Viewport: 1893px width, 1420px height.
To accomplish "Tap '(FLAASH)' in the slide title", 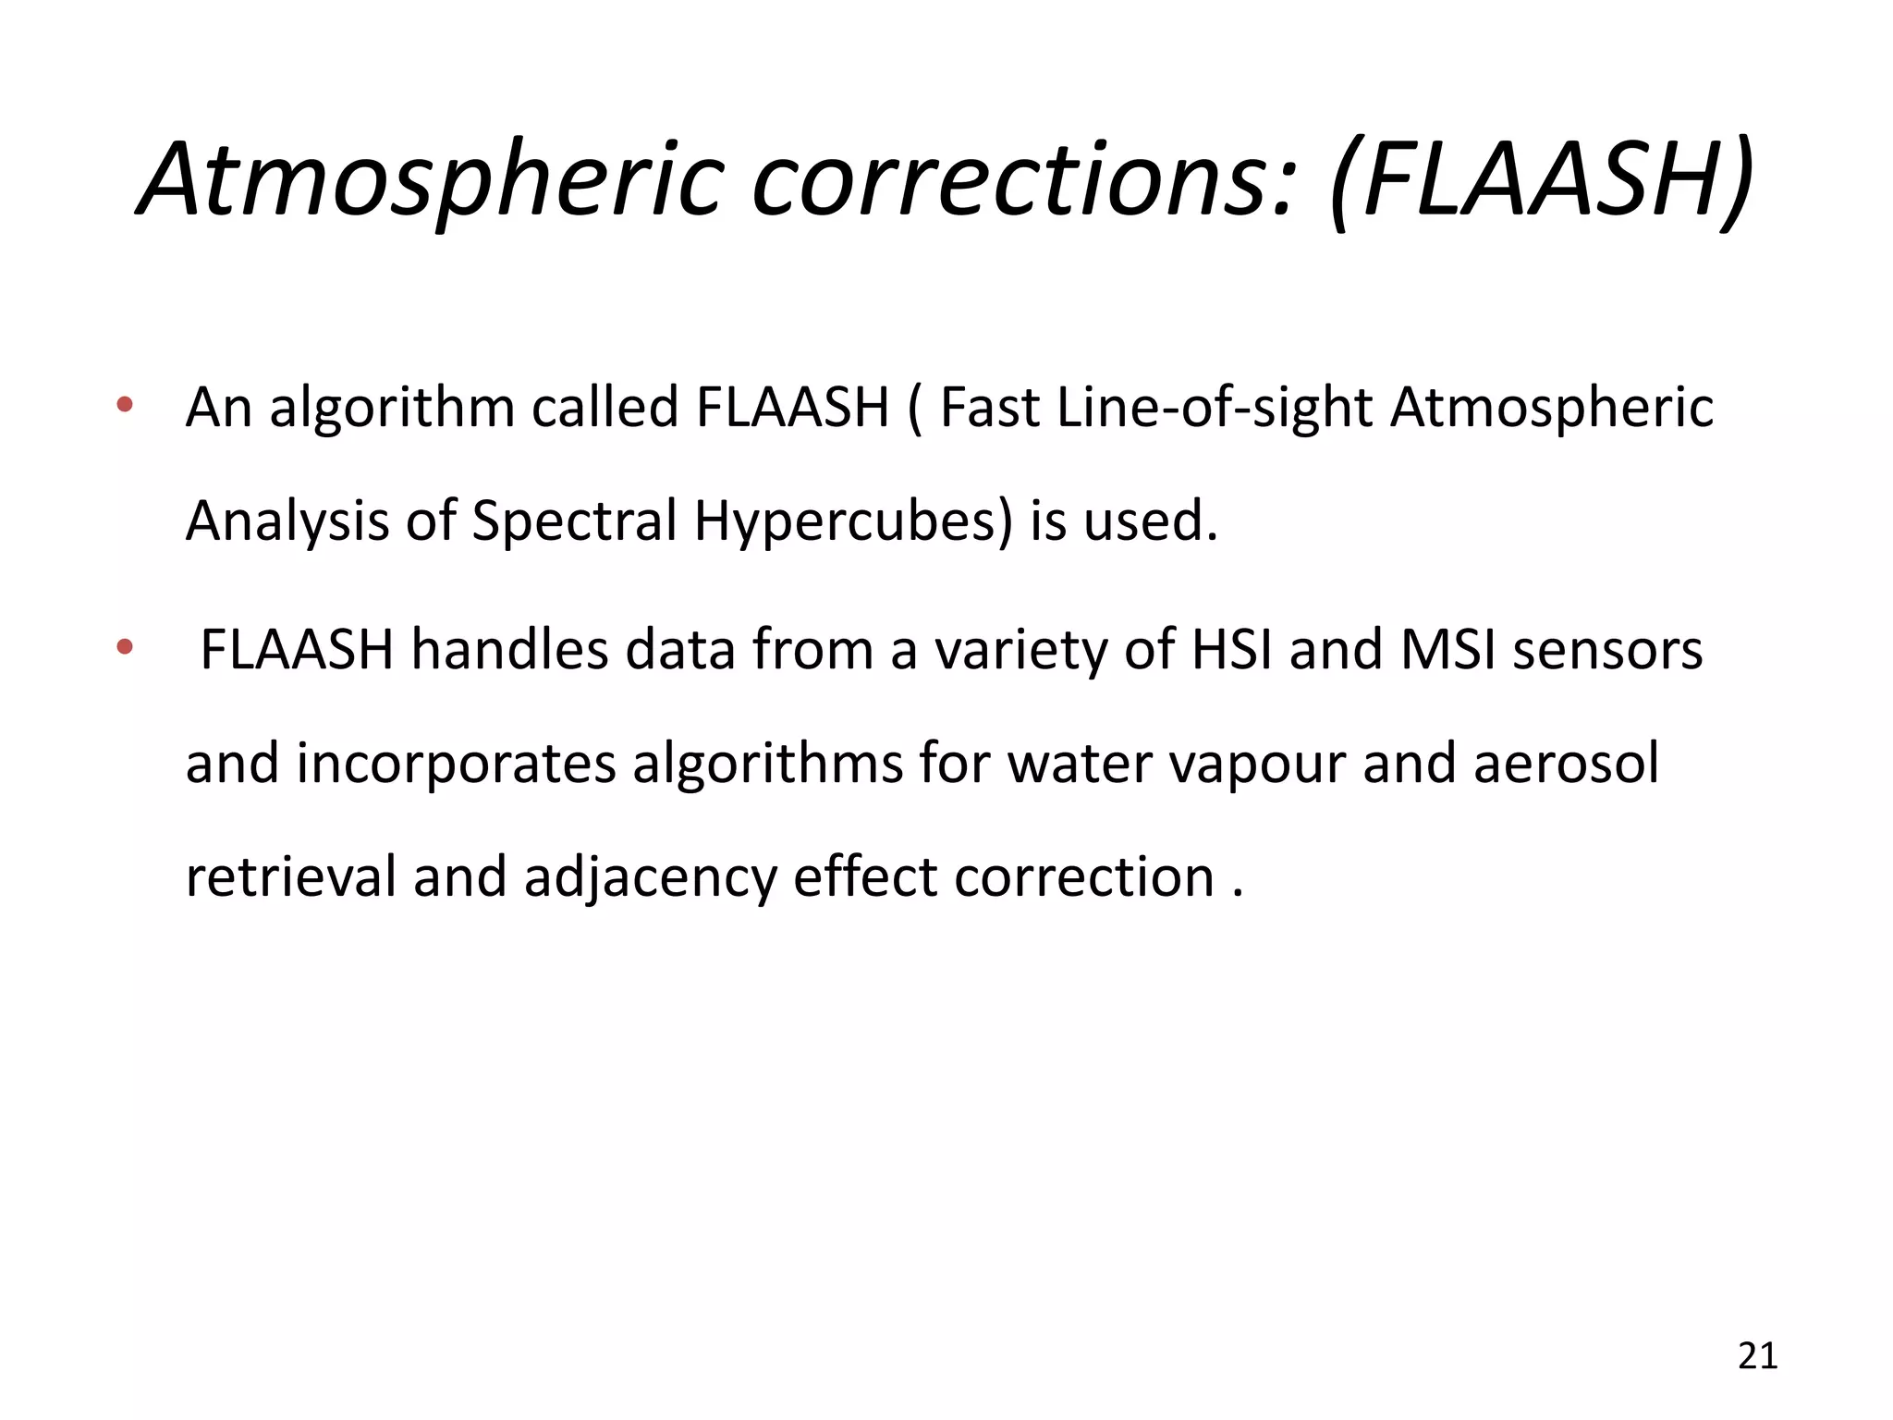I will point(1540,179).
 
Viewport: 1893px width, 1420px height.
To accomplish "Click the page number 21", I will point(1757,1355).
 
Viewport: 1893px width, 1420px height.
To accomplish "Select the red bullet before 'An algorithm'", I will point(125,404).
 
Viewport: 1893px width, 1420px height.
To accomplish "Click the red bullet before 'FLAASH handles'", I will point(125,647).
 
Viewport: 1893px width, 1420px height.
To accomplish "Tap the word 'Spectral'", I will point(575,520).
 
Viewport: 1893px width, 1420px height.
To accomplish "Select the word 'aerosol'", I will point(1566,764).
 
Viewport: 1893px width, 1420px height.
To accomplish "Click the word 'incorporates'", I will point(456,764).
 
